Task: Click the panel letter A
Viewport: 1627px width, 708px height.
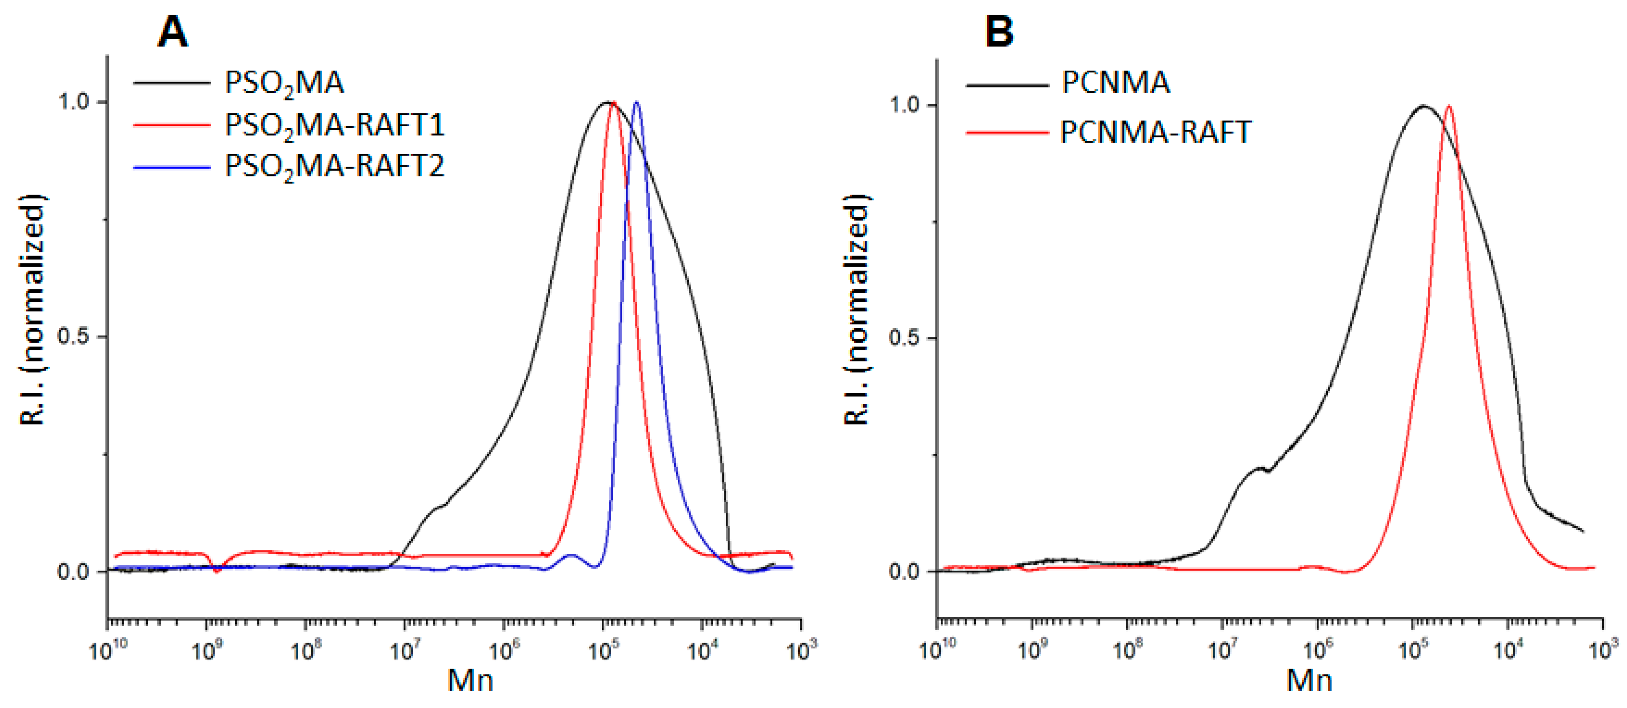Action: point(172,32)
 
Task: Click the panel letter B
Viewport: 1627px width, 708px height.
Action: point(999,32)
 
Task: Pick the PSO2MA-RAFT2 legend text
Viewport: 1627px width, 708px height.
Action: point(335,167)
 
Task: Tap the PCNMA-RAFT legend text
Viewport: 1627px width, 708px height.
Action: point(1155,132)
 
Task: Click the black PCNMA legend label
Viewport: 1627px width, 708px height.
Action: point(1115,83)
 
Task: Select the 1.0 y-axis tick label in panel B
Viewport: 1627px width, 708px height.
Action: point(904,105)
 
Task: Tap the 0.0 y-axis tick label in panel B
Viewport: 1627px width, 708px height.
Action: point(904,572)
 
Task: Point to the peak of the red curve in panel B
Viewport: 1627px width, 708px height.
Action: point(1448,106)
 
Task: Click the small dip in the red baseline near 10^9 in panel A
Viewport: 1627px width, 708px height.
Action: point(216,570)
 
